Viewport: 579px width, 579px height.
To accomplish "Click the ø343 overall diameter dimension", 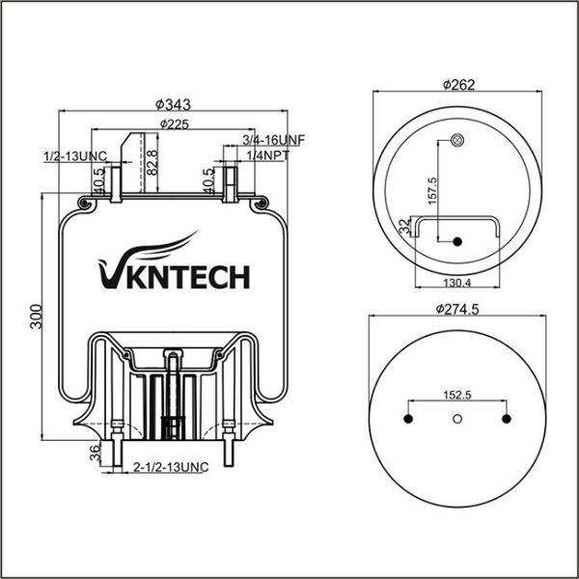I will [x=171, y=103].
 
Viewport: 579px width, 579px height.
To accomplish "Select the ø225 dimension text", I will [x=174, y=124].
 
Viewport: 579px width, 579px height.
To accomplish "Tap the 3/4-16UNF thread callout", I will [x=274, y=139].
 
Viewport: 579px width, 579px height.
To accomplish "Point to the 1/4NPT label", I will [x=267, y=154].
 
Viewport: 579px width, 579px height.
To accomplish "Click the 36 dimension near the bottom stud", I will [x=94, y=455].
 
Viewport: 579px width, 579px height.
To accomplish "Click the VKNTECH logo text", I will [x=174, y=277].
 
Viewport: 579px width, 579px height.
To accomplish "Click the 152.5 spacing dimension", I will [x=456, y=396].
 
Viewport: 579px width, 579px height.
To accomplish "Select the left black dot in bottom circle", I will [x=408, y=418].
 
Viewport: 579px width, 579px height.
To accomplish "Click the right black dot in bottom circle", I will [x=506, y=418].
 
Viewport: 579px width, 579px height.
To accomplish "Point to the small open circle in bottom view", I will [x=457, y=418].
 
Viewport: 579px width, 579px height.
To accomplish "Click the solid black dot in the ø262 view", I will [x=457, y=240].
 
